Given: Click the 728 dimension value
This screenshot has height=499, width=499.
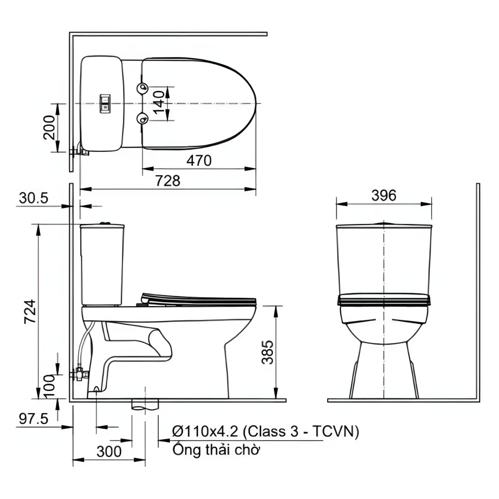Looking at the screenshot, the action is tap(167, 181).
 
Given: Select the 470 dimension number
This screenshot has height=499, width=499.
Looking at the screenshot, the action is tap(199, 161).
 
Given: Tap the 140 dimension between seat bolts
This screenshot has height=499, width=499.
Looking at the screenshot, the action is tap(159, 103).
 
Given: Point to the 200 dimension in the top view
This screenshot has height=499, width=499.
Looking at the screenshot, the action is tap(49, 128).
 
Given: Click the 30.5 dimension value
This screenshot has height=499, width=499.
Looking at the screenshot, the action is tap(33, 198).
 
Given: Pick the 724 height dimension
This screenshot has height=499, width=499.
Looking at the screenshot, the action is tap(30, 312).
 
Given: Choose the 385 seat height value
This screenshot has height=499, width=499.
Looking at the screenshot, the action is tap(267, 352).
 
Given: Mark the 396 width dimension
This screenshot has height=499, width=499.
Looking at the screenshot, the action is tap(384, 195).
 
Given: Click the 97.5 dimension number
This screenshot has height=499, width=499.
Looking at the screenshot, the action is tap(33, 419).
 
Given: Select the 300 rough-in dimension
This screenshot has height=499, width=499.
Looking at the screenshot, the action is tap(109, 451).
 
